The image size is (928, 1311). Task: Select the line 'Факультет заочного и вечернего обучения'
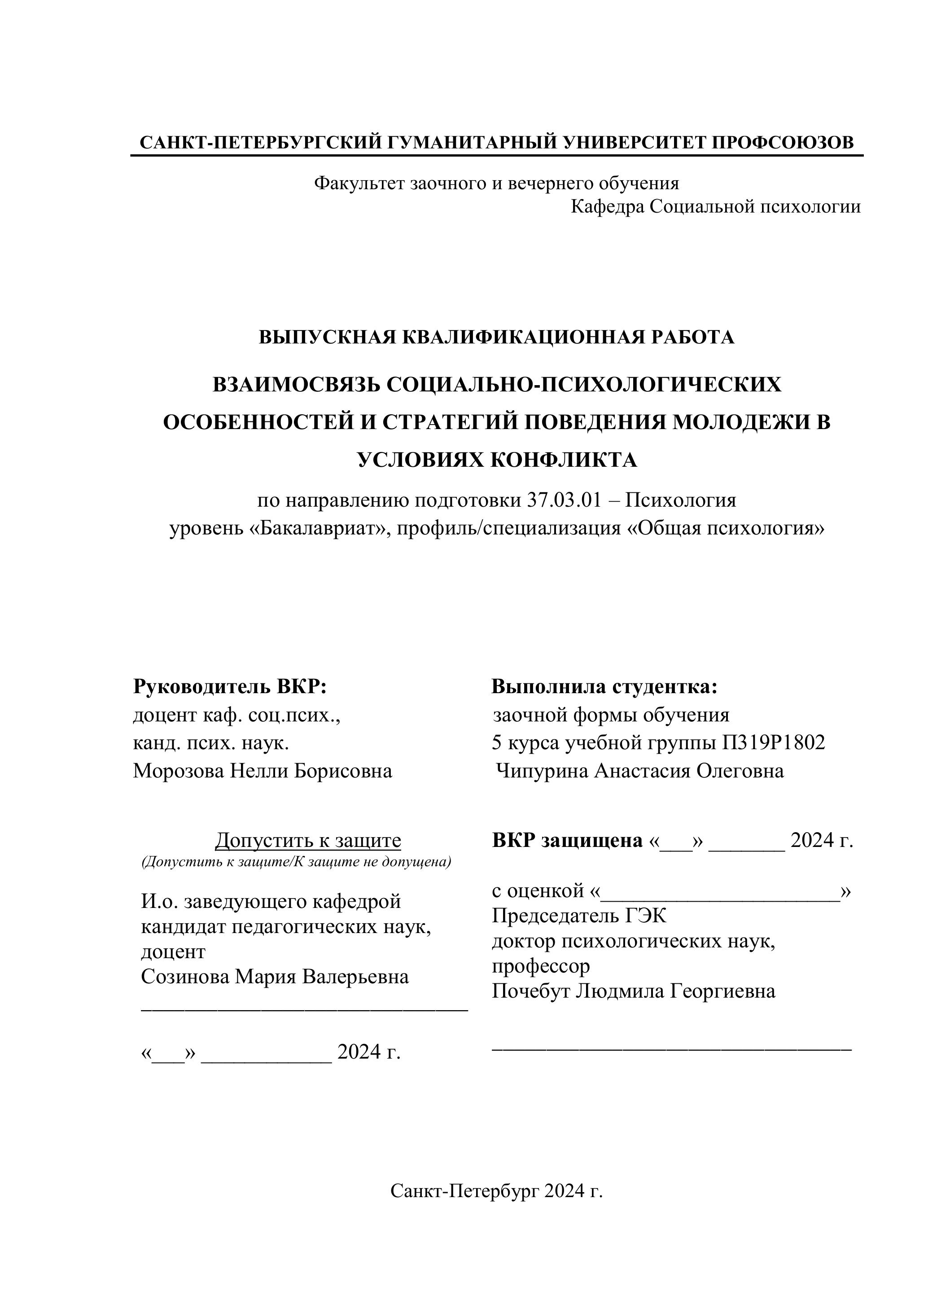click(x=497, y=183)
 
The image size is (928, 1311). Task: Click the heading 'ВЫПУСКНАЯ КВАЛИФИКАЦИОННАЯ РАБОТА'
click(x=497, y=338)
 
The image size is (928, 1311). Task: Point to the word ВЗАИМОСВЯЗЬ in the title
click(x=297, y=385)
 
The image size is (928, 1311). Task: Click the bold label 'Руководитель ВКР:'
click(x=230, y=686)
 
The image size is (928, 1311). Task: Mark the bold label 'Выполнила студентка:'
click(x=604, y=686)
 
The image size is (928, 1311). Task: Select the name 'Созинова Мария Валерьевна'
click(x=275, y=977)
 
